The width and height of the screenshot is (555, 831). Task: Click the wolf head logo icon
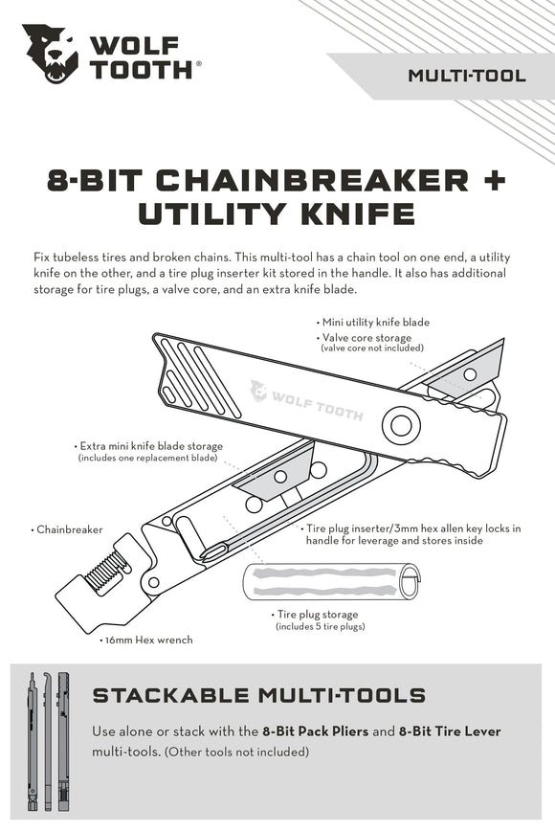(x=51, y=54)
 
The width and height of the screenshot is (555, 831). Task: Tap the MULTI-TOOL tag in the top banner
(x=467, y=75)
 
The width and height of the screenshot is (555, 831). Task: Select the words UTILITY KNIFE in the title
(x=277, y=213)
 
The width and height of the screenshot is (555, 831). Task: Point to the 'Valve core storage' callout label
(x=366, y=338)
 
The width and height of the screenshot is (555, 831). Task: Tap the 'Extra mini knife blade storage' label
(x=152, y=446)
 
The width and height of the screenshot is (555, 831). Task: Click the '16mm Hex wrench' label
(x=147, y=640)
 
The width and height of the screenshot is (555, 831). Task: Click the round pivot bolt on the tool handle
(x=402, y=423)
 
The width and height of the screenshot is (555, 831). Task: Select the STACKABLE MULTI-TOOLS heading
(x=258, y=695)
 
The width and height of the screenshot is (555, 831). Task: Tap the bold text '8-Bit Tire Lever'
(x=450, y=731)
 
